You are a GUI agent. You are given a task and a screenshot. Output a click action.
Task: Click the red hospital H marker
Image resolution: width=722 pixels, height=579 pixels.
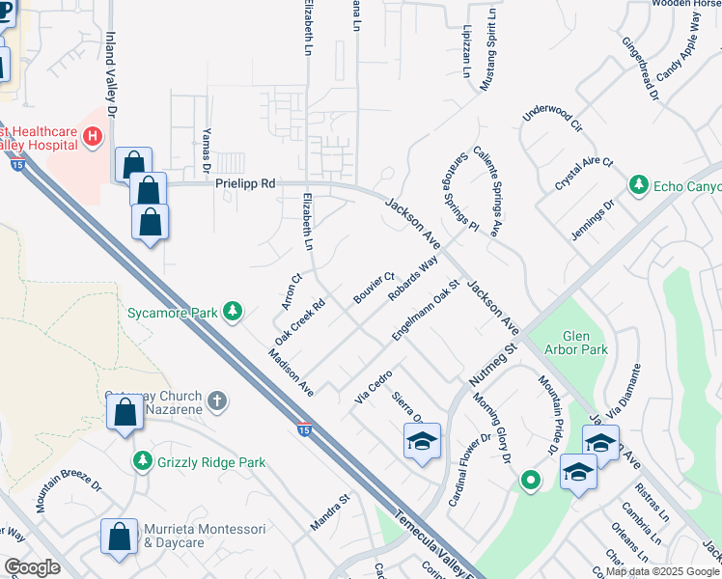[x=93, y=137]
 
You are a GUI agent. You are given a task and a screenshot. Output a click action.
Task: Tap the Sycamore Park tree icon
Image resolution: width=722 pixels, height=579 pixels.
[x=233, y=311]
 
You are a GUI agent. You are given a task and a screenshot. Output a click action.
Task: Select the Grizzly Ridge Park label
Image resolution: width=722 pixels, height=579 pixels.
[x=210, y=462]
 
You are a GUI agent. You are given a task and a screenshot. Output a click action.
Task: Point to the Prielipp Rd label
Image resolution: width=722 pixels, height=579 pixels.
[x=245, y=182]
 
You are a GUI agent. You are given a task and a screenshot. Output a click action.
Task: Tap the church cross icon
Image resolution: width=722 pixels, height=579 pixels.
[x=219, y=400]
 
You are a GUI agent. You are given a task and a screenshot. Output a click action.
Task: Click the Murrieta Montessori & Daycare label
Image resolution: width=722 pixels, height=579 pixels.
[x=188, y=536]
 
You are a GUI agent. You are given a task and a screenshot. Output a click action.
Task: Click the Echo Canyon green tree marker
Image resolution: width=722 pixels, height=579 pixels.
[x=637, y=184]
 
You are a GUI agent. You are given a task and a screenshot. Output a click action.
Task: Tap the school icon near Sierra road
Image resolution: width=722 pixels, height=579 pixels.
[x=422, y=442]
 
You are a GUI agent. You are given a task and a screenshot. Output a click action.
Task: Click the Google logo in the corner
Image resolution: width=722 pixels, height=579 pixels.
[x=32, y=567]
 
